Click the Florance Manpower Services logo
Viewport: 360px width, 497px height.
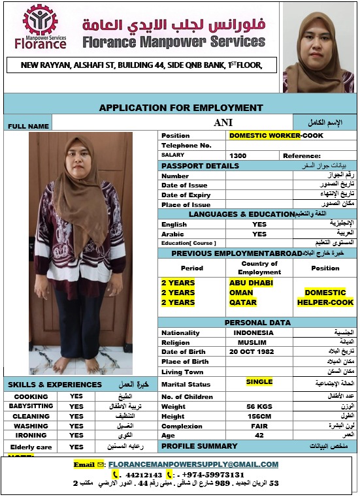[x=41, y=27]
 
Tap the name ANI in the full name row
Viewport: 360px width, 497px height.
[x=223, y=122]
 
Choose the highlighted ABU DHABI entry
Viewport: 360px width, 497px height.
[x=251, y=283]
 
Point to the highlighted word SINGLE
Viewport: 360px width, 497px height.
[x=259, y=382]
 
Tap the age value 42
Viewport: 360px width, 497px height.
[x=259, y=436]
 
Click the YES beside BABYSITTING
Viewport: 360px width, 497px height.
[x=76, y=406]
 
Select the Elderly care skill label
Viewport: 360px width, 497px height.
[x=31, y=447]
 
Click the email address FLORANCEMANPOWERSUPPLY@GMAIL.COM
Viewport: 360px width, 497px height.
[x=193, y=464]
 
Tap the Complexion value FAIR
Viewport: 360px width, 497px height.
[x=259, y=426]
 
